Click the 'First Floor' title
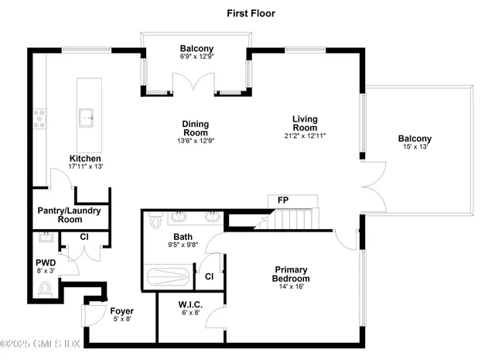(251, 13)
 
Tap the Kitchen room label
(85, 159)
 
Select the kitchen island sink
(87, 118)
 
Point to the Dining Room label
(195, 128)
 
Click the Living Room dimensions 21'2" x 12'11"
(305, 135)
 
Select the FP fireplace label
(283, 200)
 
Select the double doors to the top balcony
(197, 83)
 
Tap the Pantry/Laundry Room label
(60, 214)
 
